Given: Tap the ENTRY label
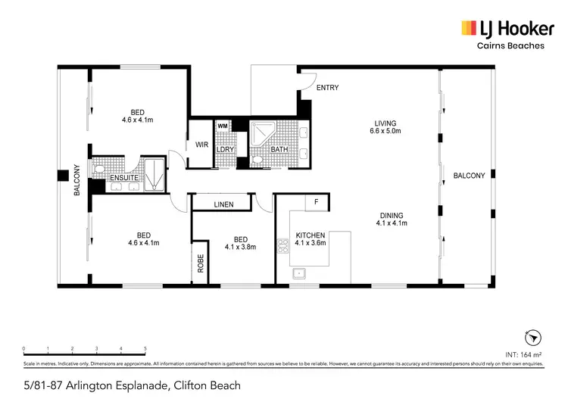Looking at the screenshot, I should tap(327, 88).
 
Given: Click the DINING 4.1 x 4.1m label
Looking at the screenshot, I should tap(392, 219).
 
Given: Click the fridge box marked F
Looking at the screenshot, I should tap(316, 203).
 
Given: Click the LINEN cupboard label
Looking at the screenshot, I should tap(223, 204).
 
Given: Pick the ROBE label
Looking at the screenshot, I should tap(201, 263).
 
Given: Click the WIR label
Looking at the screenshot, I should tap(201, 145).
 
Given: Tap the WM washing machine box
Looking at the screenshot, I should tap(223, 126).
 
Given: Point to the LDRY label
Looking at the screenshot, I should tap(225, 149).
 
